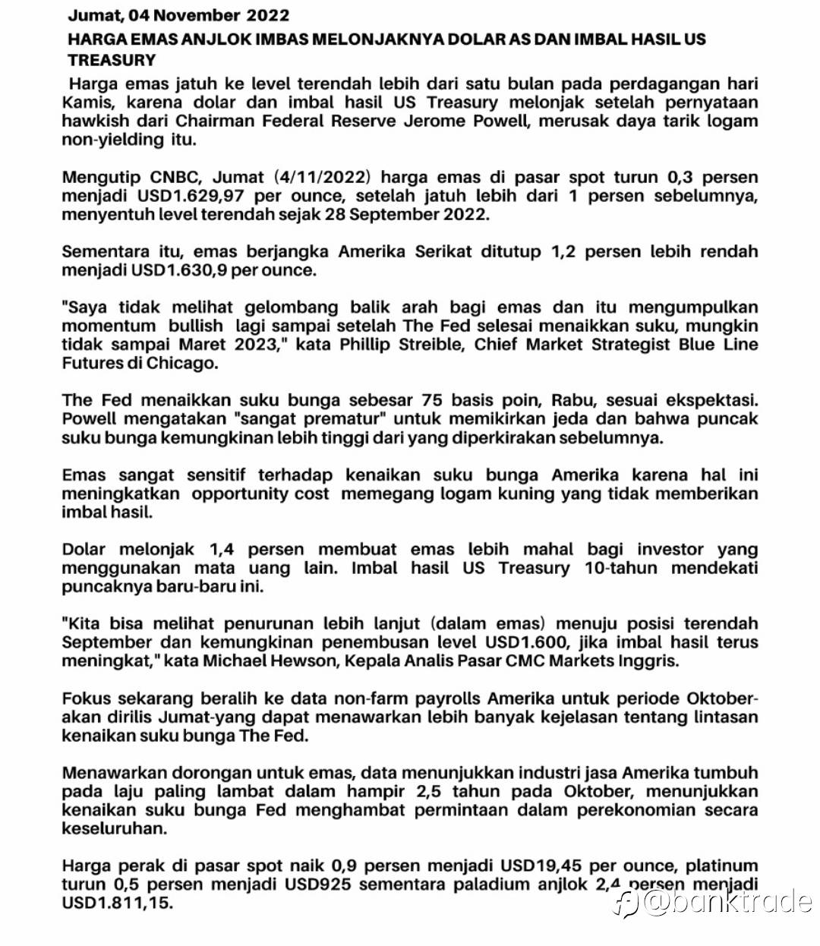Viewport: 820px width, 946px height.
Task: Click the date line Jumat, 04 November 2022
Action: point(178,15)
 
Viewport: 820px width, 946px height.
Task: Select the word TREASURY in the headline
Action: point(112,61)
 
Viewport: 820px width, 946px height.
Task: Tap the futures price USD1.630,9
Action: point(178,270)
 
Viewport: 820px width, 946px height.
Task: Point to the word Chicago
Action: point(182,363)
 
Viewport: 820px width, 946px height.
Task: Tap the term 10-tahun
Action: point(621,568)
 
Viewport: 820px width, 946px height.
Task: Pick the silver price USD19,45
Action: point(541,866)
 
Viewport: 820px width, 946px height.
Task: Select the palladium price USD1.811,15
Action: point(117,903)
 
